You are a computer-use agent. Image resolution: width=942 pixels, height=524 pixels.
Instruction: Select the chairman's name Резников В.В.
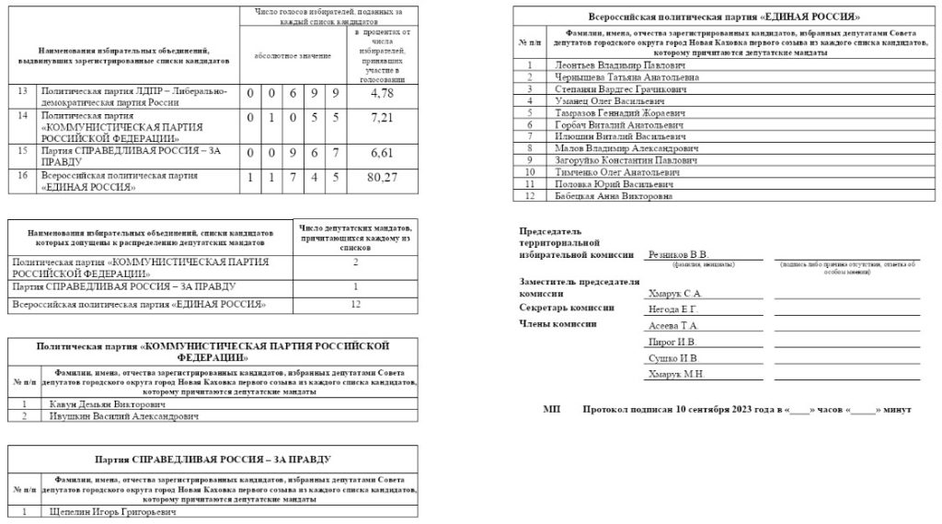678,255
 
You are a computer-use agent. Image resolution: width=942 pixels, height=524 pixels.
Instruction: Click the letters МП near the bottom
551,408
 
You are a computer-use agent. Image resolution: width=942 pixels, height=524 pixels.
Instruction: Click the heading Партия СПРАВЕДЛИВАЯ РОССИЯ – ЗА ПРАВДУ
213,458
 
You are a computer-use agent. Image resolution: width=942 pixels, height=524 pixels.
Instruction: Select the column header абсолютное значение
293,57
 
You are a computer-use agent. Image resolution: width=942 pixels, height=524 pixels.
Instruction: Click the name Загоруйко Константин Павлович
626,160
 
